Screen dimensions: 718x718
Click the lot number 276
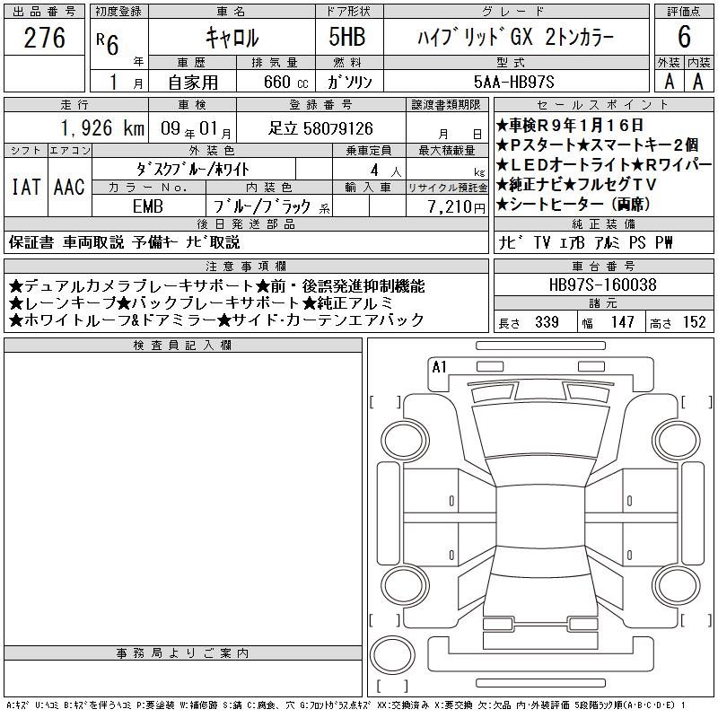point(44,38)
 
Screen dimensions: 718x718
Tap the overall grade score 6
point(684,37)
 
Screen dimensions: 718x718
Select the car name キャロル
point(232,38)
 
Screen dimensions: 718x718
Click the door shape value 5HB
point(347,37)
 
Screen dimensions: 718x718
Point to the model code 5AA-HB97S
point(513,82)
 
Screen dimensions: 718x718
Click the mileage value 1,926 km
point(102,128)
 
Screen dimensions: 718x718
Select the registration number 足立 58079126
point(320,128)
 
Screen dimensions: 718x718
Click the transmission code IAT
point(26,187)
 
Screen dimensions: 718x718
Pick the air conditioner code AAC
point(69,187)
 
